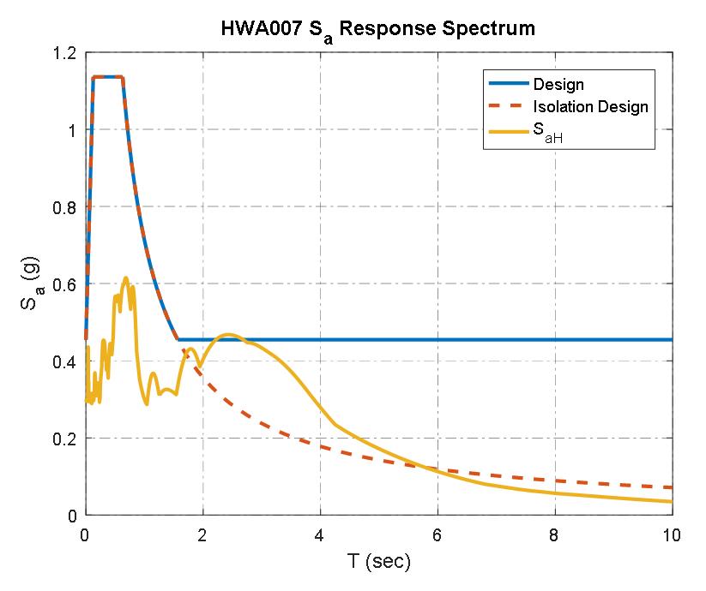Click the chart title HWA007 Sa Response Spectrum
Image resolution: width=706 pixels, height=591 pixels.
click(377, 28)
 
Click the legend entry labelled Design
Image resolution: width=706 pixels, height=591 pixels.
click(558, 84)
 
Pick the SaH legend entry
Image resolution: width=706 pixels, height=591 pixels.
click(547, 133)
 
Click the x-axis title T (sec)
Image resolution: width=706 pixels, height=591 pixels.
click(378, 562)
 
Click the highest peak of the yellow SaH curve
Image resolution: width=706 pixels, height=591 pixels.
click(126, 278)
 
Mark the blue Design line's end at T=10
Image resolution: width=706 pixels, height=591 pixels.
click(672, 340)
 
